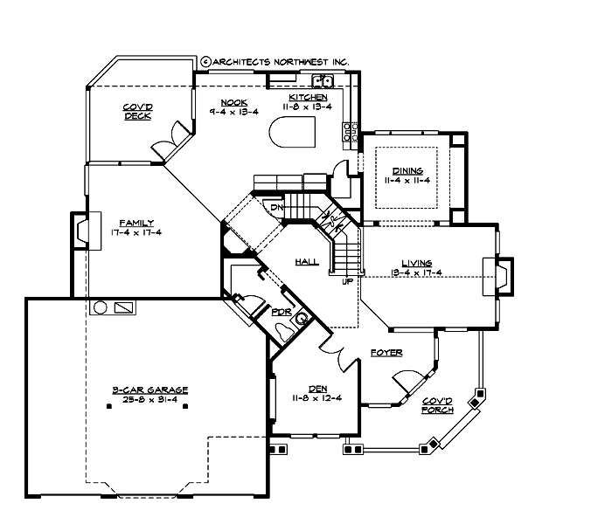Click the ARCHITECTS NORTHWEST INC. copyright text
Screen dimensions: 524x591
click(275, 62)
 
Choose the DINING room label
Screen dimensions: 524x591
click(407, 170)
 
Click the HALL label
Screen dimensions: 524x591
click(306, 261)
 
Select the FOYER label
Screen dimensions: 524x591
click(386, 352)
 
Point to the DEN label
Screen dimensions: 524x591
click(317, 389)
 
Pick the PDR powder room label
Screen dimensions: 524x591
click(282, 312)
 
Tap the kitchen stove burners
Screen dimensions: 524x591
click(351, 131)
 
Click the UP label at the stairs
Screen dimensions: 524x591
click(347, 282)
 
